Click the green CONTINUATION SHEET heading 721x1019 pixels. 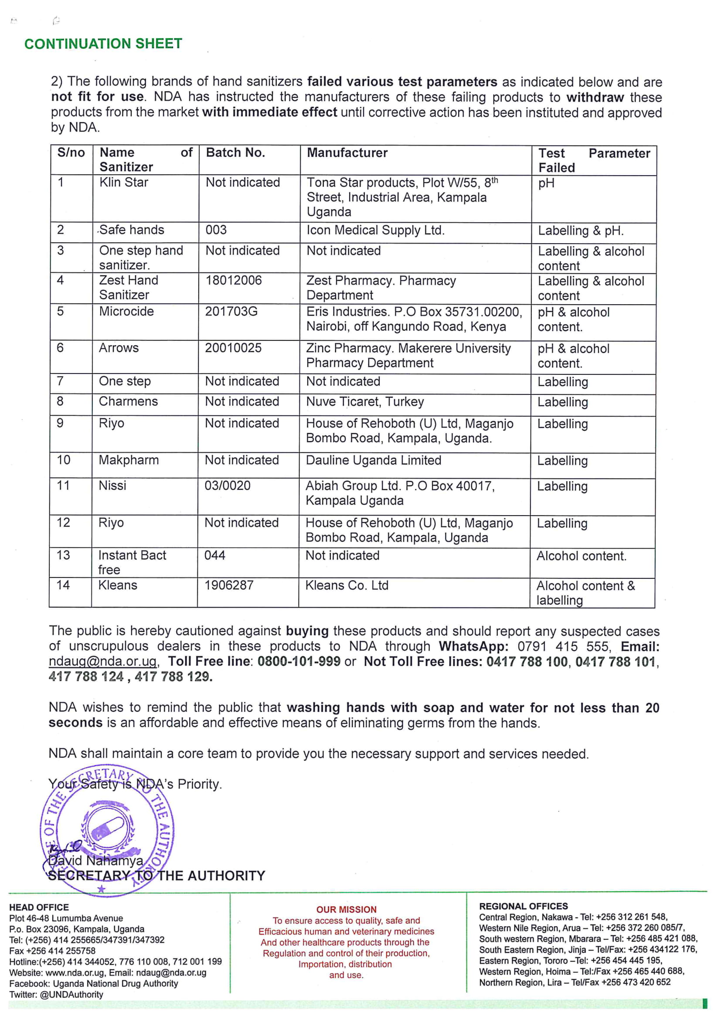(103, 44)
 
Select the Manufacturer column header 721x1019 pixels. (347, 153)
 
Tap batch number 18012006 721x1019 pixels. (234, 280)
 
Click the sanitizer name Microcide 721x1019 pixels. (126, 311)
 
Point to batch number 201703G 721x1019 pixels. (231, 311)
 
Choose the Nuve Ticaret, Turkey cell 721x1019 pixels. (365, 402)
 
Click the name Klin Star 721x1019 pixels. (124, 182)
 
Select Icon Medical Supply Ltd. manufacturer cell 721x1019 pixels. (376, 230)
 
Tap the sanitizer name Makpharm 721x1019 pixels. (129, 460)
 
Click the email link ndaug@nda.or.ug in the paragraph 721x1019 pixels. (103, 661)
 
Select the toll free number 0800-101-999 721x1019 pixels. (299, 661)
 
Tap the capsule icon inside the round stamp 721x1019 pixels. (107, 829)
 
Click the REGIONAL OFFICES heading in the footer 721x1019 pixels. (524, 906)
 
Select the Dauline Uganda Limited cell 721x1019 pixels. (374, 460)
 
